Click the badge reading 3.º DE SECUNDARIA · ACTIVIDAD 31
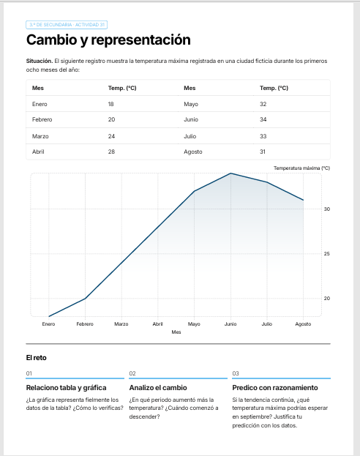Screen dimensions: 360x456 point(67,25)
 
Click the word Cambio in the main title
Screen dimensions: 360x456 point(51,40)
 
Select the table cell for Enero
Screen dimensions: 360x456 point(40,104)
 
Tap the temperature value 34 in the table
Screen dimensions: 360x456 point(263,119)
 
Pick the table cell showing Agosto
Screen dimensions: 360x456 point(192,152)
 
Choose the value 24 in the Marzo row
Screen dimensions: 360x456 point(111,136)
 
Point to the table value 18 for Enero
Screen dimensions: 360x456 point(110,104)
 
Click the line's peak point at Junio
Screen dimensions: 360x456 point(230,173)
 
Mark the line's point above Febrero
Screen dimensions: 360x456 point(85,299)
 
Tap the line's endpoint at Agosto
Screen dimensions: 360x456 point(304,200)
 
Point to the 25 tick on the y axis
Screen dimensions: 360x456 point(327,253)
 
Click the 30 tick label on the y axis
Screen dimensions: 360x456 point(327,209)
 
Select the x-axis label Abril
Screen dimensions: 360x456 point(157,324)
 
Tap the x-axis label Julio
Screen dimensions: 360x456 point(267,324)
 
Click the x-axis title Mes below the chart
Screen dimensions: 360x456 point(176,332)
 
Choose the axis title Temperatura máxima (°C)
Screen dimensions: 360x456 point(302,168)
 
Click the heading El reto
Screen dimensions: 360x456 point(37,358)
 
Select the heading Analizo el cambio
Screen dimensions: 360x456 point(158,388)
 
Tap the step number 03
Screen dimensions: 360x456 point(236,373)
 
